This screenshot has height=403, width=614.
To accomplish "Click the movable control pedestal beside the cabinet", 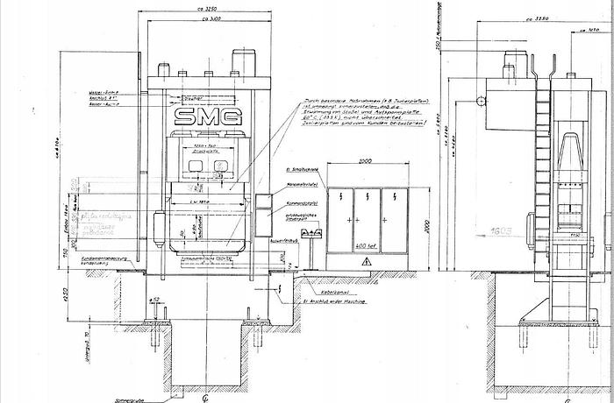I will pyautogui.click(x=311, y=237).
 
